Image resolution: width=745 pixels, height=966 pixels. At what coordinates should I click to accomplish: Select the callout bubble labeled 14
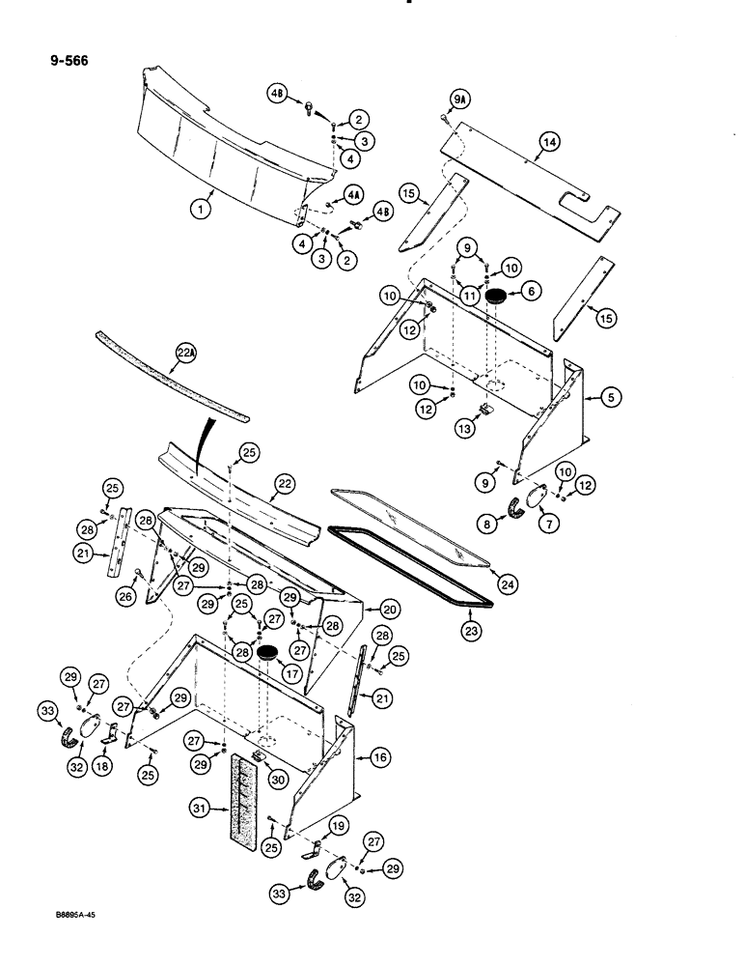pyautogui.click(x=548, y=143)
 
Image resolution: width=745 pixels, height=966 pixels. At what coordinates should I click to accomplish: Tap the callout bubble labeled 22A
pyautogui.click(x=185, y=355)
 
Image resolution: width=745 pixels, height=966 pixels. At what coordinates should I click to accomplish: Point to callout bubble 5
pyautogui.click(x=610, y=395)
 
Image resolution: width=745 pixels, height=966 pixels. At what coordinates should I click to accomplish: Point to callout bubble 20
pyautogui.click(x=390, y=610)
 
